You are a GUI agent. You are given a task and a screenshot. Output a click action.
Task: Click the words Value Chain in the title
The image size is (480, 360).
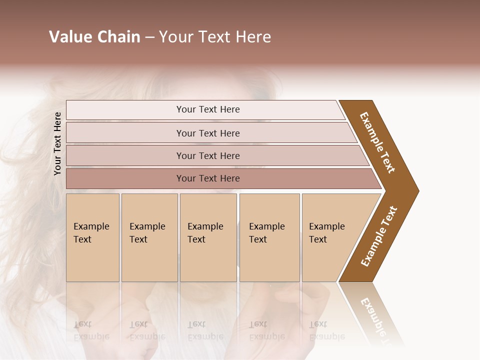click(x=94, y=37)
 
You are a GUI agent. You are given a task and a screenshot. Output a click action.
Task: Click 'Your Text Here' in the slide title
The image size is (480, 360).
click(x=215, y=37)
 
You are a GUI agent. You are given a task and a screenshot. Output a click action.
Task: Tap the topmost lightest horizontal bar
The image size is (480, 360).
click(x=208, y=109)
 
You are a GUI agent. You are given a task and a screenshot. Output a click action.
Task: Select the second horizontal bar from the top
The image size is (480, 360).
click(x=208, y=133)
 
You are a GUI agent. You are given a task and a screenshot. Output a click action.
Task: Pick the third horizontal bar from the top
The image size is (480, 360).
click(x=208, y=155)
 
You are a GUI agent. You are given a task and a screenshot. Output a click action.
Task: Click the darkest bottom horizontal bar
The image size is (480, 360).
click(x=208, y=178)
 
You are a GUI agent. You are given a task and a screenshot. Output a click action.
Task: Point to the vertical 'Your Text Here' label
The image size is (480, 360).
click(x=57, y=143)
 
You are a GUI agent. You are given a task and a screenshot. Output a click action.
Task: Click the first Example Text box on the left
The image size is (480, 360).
click(x=92, y=237)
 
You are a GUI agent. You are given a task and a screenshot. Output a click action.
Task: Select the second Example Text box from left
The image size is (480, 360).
click(x=149, y=237)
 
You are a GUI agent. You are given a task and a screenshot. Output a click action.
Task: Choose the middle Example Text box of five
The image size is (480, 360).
click(x=207, y=237)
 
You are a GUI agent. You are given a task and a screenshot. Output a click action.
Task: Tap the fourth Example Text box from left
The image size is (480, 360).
click(x=269, y=237)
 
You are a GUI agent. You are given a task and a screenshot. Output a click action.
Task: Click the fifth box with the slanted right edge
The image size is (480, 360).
click(x=330, y=237)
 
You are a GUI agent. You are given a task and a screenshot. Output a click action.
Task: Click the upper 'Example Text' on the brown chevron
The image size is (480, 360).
click(x=378, y=142)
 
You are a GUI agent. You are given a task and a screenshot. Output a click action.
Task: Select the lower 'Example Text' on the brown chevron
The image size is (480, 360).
click(x=378, y=236)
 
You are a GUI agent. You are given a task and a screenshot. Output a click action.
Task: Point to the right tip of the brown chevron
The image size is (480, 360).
click(x=417, y=190)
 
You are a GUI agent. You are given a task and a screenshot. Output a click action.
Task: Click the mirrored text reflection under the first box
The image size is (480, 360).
click(x=91, y=330)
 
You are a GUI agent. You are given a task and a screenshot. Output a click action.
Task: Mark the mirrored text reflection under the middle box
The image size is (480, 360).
click(x=205, y=330)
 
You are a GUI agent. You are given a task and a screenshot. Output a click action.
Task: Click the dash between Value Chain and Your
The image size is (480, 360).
click(x=149, y=37)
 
